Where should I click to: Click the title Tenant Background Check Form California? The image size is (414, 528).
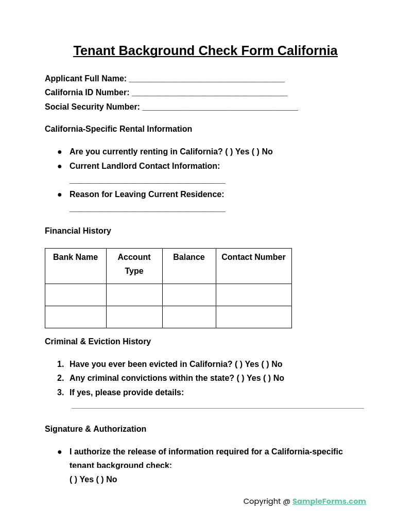coord(205,51)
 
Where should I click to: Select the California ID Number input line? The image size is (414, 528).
coord(209,94)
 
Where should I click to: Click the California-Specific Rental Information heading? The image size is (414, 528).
coord(118,129)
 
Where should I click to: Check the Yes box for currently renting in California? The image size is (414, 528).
coord(229,152)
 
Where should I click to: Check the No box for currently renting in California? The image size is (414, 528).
coord(255,152)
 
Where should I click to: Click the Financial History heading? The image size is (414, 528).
coord(78,231)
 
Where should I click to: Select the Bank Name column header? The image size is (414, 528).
coord(75,257)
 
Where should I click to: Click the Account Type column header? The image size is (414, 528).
coord(134,264)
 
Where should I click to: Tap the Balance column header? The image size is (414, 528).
coord(189,257)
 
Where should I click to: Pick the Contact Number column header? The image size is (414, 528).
coord(253,257)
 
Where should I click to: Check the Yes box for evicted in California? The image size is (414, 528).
coord(239,364)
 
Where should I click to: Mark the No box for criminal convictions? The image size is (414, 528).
coord(267,378)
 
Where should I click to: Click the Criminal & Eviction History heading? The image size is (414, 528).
coord(98,342)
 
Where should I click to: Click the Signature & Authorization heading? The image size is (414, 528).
coord(95,429)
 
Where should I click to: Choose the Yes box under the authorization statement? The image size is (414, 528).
coord(74,480)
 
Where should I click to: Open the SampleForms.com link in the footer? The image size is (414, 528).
coord(329,501)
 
